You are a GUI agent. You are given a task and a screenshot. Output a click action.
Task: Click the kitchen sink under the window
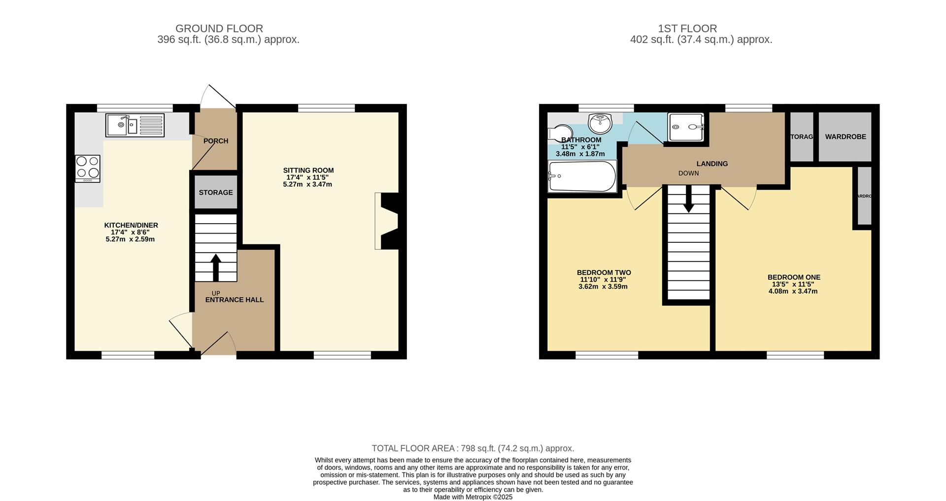(135, 125)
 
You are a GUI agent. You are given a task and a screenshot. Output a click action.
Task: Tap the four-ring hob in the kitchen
(88, 168)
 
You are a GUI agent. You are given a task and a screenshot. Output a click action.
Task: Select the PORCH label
(216, 141)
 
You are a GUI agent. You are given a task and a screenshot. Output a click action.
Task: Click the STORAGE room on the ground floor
(216, 192)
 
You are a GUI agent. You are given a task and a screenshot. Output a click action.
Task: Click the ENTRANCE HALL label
(235, 300)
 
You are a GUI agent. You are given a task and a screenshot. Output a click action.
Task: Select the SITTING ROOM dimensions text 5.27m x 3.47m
(307, 184)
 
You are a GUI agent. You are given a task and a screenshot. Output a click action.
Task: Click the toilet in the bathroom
(560, 133)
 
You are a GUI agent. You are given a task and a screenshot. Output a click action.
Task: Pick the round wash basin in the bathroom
(600, 123)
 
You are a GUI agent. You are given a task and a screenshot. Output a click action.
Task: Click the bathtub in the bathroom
(582, 176)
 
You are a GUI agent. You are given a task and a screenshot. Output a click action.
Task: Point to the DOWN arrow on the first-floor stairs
(688, 200)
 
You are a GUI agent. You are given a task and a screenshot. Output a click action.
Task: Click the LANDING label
(712, 164)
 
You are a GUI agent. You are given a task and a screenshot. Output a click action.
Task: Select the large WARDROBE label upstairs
(845, 136)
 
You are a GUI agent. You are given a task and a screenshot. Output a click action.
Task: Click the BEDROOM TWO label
(604, 272)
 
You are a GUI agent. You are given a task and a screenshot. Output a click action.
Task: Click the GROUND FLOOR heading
(219, 29)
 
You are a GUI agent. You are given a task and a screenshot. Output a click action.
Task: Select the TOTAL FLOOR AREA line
(473, 448)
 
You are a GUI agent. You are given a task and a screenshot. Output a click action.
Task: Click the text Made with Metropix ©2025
(473, 497)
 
